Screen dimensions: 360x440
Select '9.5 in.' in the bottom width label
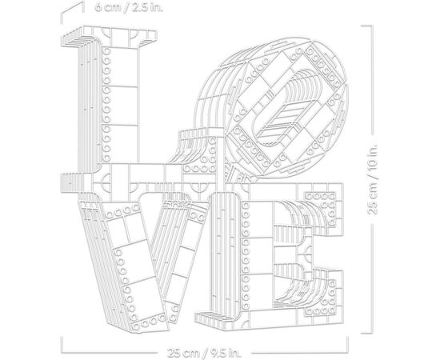228,352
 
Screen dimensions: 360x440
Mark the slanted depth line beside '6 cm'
73,12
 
